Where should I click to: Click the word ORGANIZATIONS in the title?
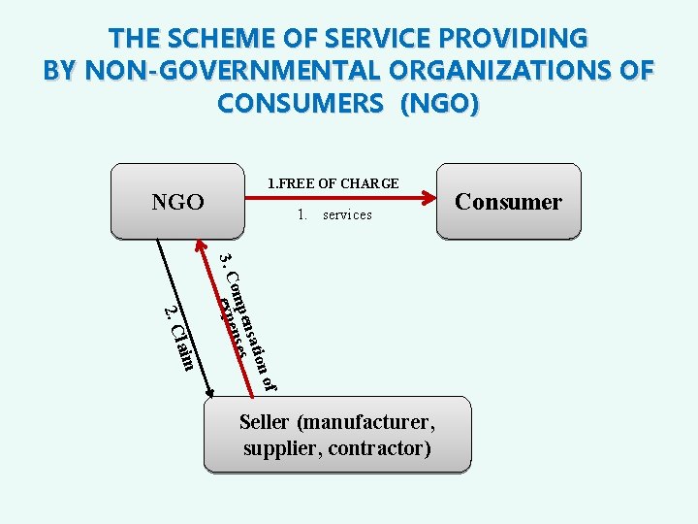coord(493,71)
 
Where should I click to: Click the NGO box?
coord(176,202)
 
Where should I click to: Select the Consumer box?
coord(508,202)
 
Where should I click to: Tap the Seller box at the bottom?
coord(337,436)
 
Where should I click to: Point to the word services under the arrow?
coord(347,214)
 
